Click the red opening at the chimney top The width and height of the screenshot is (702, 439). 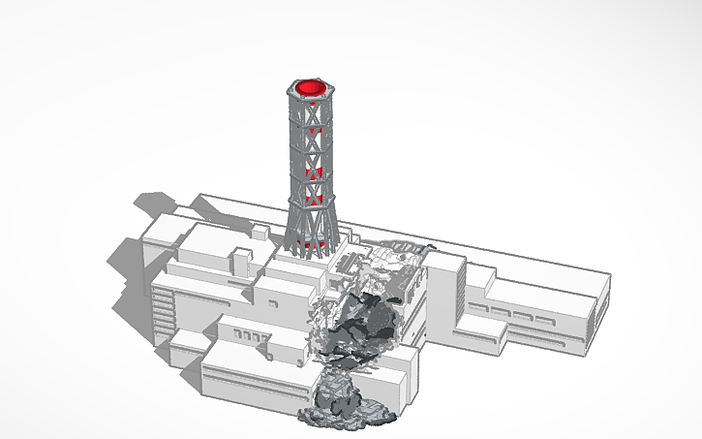pos(311,88)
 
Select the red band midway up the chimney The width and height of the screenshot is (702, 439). pos(311,174)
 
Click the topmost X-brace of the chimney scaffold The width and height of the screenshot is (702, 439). pos(311,115)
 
